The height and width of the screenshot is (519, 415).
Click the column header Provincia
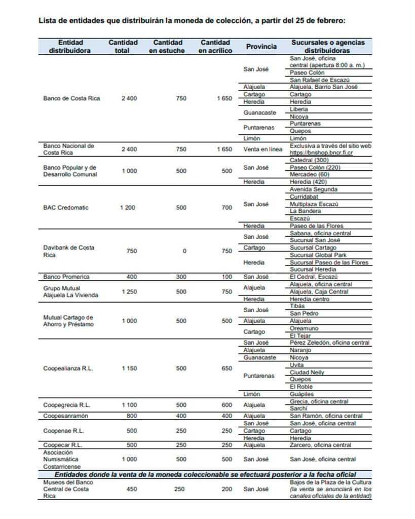tap(261, 47)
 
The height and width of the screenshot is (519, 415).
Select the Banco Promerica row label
tap(66, 277)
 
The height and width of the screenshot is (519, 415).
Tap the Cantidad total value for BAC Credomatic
tap(128, 208)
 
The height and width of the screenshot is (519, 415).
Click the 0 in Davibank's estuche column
tap(184, 251)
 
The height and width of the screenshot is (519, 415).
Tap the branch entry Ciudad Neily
tap(307, 373)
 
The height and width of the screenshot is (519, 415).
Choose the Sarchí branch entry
tap(299, 409)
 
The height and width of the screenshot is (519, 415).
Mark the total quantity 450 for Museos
tap(129, 489)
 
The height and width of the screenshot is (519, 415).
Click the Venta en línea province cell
tap(261, 149)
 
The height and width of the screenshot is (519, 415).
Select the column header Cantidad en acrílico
tap(215, 47)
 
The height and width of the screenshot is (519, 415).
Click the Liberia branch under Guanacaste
tap(299, 109)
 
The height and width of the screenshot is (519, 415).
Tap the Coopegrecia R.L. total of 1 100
tap(128, 405)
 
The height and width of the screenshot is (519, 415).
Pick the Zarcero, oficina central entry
tap(320, 445)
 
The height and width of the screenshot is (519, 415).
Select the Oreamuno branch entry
tap(304, 328)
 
